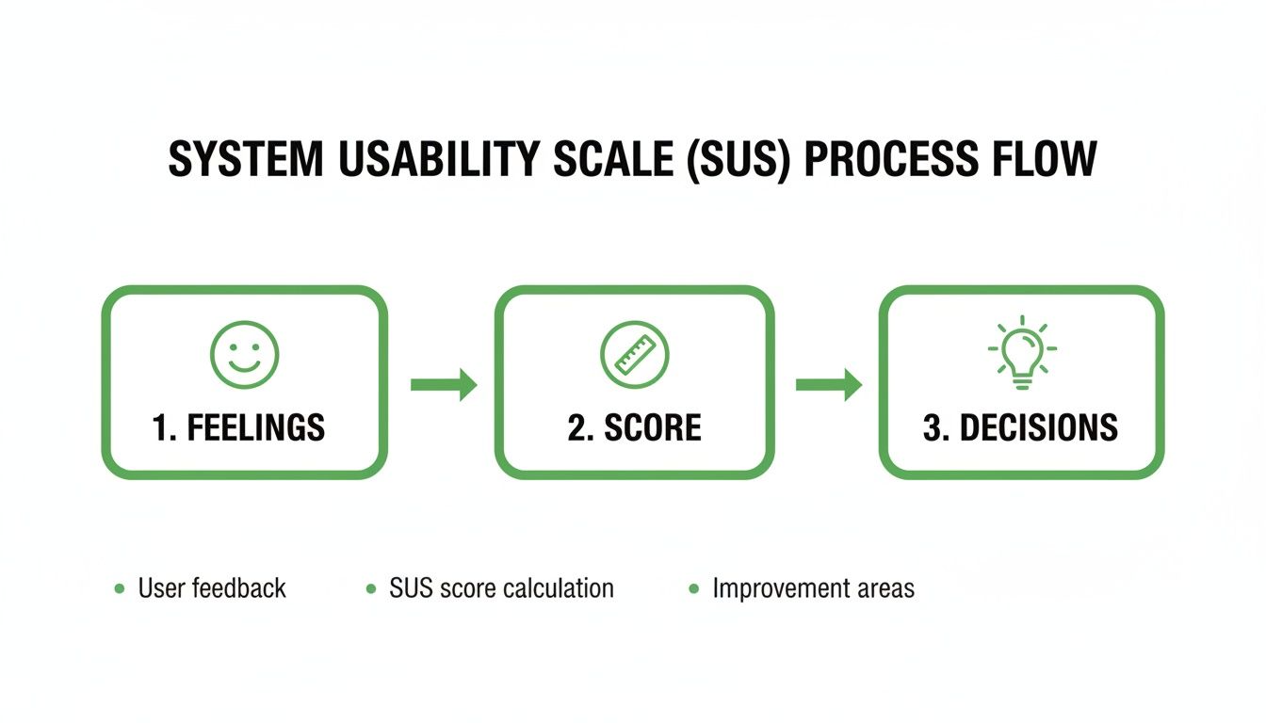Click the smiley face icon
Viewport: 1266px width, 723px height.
244,355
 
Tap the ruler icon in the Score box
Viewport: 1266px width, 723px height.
634,355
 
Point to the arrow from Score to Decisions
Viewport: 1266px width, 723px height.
829,384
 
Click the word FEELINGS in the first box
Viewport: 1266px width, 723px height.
255,428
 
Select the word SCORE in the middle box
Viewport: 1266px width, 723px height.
653,428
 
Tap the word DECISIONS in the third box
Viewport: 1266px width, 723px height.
1038,428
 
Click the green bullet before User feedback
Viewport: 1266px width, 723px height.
119,589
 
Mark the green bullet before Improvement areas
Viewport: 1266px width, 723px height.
693,589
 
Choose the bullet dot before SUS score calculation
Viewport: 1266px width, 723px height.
370,589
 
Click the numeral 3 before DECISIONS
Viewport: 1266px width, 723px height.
933,428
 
